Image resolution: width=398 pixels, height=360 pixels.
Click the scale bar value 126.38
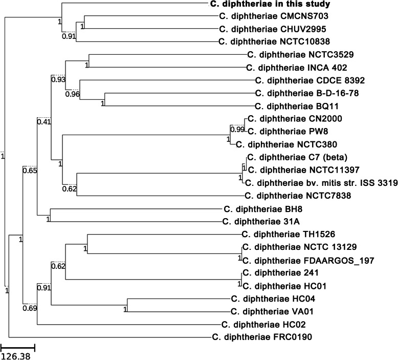point(16,355)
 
